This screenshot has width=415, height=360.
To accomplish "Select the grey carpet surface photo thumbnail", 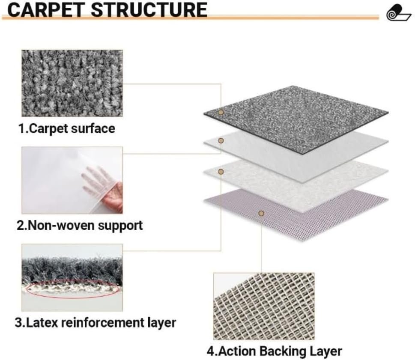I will pos(72,83).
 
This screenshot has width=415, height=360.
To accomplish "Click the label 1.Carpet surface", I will pos(66,128).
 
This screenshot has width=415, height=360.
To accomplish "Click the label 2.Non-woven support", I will pos(80,225).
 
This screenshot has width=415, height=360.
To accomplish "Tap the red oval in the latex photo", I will pos(73,290).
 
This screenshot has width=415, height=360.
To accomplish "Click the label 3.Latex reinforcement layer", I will pos(95,322).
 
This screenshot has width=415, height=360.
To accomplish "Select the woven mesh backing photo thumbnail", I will pos(263,306).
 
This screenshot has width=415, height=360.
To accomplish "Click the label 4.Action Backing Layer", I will pos(274,351).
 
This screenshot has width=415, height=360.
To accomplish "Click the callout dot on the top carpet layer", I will pos(221,113).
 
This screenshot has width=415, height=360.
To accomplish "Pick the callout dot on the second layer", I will pos(221,140).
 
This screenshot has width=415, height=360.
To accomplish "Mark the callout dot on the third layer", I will pos(221,172).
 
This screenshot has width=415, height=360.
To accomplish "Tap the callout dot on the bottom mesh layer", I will pos(261,213).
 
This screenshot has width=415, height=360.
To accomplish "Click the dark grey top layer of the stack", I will pos(300,116).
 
